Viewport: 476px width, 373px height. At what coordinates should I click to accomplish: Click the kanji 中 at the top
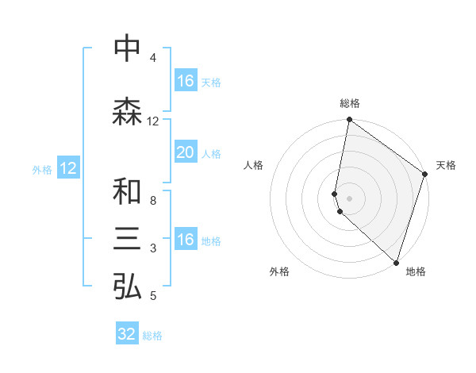(x=127, y=49)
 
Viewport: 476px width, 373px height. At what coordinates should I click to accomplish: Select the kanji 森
(x=127, y=112)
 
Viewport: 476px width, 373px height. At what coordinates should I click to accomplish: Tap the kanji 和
(x=127, y=192)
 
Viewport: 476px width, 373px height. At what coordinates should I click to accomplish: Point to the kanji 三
(x=127, y=240)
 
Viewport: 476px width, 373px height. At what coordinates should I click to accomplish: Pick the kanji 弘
(x=127, y=287)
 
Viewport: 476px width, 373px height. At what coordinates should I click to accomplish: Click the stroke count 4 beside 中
(x=152, y=58)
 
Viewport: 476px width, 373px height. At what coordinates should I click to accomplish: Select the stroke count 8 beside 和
(x=152, y=201)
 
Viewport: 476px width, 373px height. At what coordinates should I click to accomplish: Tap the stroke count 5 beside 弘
(x=152, y=296)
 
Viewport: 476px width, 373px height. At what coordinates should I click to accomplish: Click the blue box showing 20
(x=186, y=153)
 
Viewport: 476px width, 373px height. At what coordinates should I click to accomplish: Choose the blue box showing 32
(x=127, y=334)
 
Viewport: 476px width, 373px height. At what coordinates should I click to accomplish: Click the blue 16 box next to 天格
(x=186, y=81)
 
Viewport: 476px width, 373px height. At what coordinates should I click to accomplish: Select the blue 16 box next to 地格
(x=186, y=240)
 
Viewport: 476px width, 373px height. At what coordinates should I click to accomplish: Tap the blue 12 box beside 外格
(x=68, y=168)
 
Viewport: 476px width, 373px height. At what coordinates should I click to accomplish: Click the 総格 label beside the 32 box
(x=152, y=336)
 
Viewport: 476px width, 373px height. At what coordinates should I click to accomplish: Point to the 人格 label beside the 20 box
(x=211, y=154)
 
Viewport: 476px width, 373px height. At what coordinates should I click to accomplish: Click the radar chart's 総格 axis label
(x=350, y=103)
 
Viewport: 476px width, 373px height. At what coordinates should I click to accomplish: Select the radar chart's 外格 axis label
(x=279, y=272)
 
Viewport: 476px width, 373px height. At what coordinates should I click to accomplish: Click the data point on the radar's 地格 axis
(x=396, y=263)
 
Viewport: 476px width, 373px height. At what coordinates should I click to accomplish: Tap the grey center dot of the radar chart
(x=350, y=198)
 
